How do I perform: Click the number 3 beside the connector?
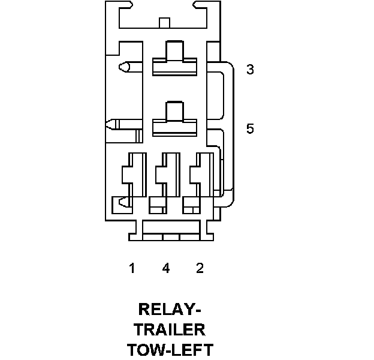[x=251, y=70]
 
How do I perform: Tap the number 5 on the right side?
[x=251, y=128]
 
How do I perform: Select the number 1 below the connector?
[x=132, y=268]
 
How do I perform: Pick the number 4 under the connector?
[x=166, y=268]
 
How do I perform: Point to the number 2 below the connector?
[x=200, y=268]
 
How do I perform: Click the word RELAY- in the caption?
[x=170, y=310]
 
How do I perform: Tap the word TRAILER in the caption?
[x=170, y=329]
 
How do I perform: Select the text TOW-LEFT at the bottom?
[x=170, y=349]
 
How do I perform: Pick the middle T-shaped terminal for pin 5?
[x=174, y=120]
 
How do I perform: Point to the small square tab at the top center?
[x=164, y=23]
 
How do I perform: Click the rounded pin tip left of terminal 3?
[x=125, y=67]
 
